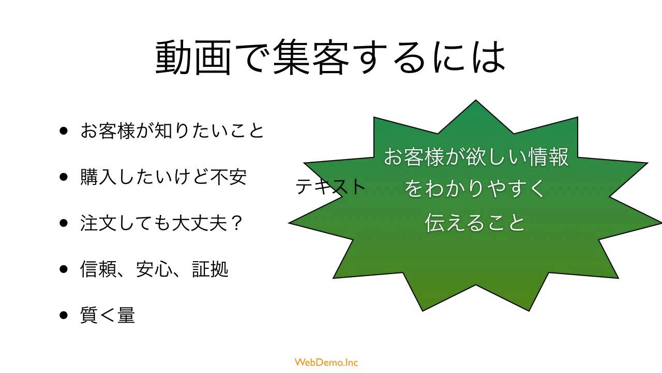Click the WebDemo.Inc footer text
pyautogui.click(x=326, y=362)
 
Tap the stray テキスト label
pyautogui.click(x=330, y=186)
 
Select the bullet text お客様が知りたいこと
pyautogui.click(x=172, y=131)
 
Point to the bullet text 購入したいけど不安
pyautogui.click(x=163, y=177)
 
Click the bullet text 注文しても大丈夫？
pyautogui.click(x=162, y=223)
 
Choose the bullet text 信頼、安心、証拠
pyautogui.click(x=154, y=269)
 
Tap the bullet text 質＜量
pyautogui.click(x=108, y=315)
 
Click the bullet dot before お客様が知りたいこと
pyautogui.click(x=64, y=131)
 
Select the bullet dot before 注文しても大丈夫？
pyautogui.click(x=64, y=223)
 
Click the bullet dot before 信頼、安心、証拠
pyautogui.click(x=64, y=269)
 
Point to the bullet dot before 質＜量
pyautogui.click(x=64, y=315)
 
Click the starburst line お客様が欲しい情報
pyautogui.click(x=476, y=156)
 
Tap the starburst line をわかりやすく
pyautogui.click(x=475, y=189)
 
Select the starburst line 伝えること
pyautogui.click(x=475, y=222)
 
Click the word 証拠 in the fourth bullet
pyautogui.click(x=210, y=269)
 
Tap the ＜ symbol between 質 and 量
pyautogui.click(x=108, y=315)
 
